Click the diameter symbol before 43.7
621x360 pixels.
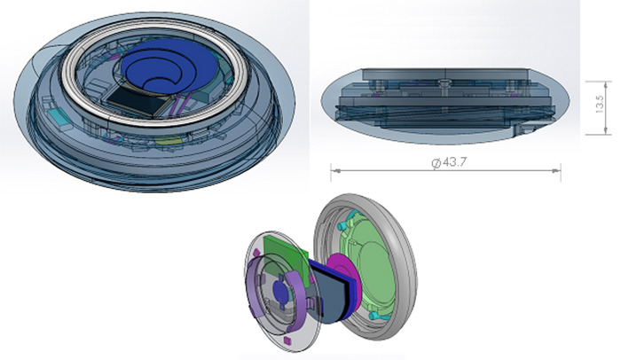tap(436, 162)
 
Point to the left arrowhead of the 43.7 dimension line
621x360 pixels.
tap(336, 171)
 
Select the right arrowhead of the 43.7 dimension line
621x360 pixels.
tap(556, 171)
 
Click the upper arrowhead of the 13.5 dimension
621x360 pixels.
tap(606, 85)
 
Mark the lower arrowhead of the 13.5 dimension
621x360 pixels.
tap(606, 129)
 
